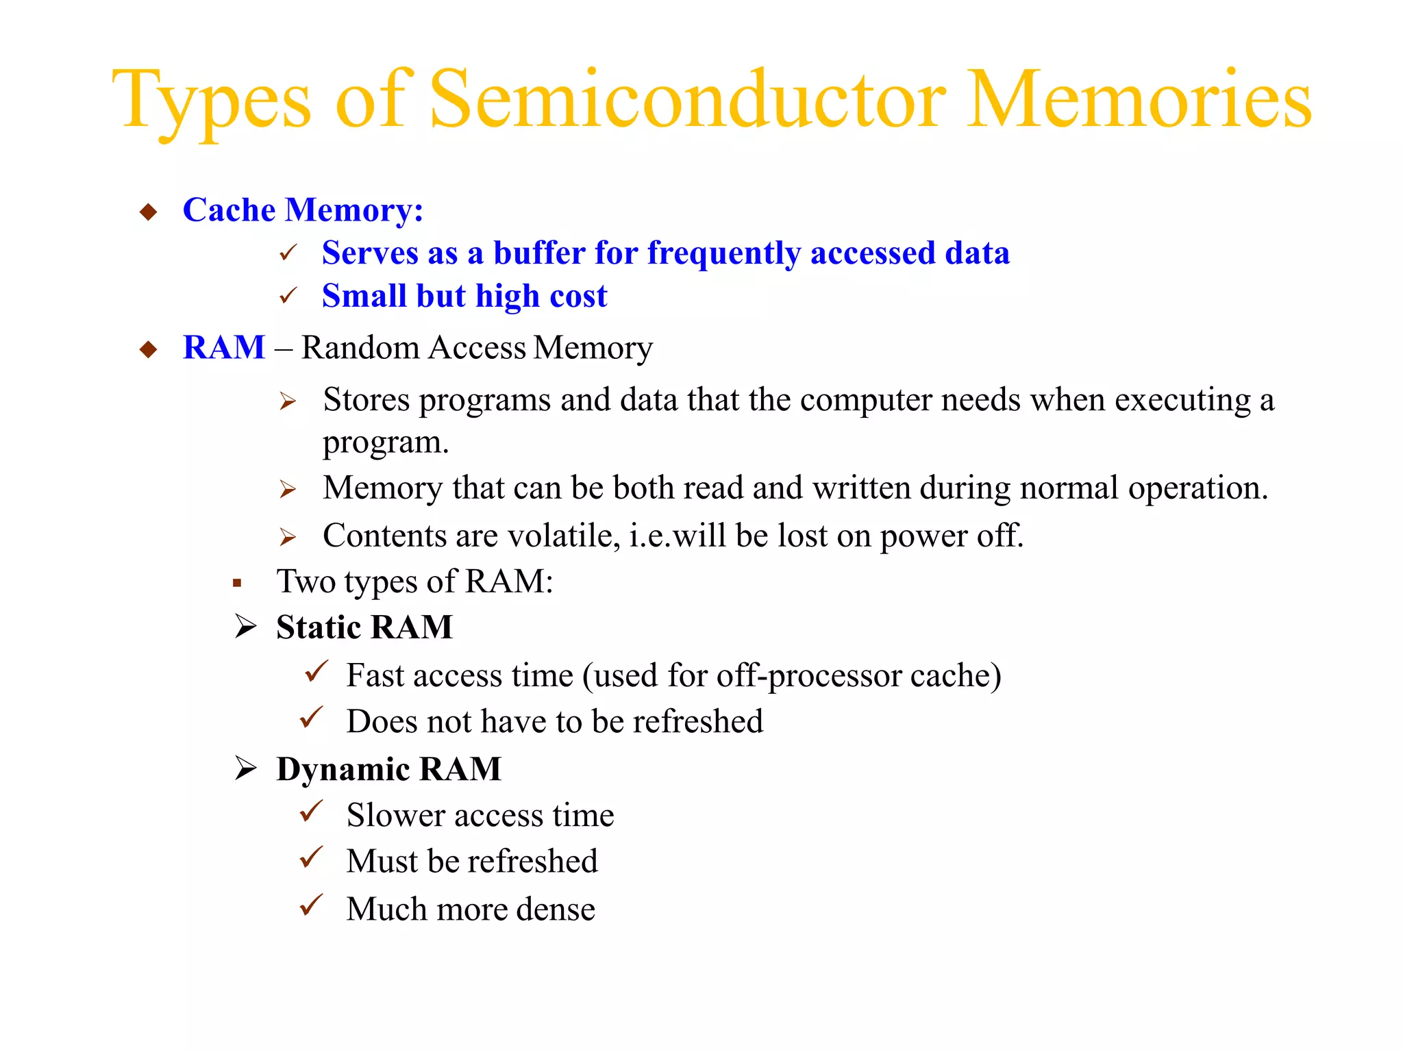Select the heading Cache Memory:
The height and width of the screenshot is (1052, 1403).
(303, 210)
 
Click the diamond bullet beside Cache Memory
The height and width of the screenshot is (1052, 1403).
(149, 212)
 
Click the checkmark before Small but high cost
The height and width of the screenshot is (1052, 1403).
(288, 296)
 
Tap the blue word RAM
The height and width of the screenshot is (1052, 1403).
(224, 347)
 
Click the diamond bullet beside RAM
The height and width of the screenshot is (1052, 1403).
(149, 349)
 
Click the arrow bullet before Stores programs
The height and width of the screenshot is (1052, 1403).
(288, 401)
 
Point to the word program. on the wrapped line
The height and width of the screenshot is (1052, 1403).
(386, 442)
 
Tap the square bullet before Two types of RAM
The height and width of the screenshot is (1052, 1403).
(237, 584)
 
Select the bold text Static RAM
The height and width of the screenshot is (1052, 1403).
(364, 627)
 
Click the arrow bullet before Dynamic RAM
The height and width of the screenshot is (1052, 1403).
(245, 768)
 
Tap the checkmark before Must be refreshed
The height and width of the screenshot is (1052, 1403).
(312, 857)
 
